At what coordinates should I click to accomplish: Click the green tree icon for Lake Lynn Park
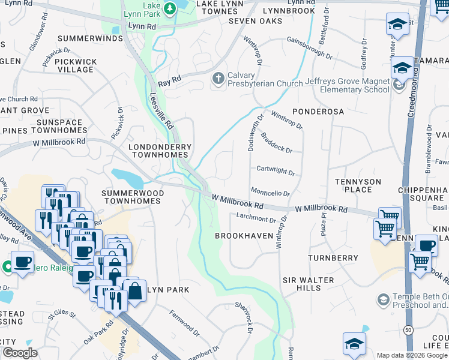(170, 8)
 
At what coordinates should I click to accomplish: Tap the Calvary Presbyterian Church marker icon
(217, 79)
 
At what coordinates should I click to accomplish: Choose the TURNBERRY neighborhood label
(333, 258)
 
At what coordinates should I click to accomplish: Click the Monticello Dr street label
(270, 194)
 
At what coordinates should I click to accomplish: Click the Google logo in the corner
(20, 353)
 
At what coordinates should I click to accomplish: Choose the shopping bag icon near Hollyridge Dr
(136, 291)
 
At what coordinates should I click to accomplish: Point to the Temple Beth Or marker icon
(382, 299)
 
